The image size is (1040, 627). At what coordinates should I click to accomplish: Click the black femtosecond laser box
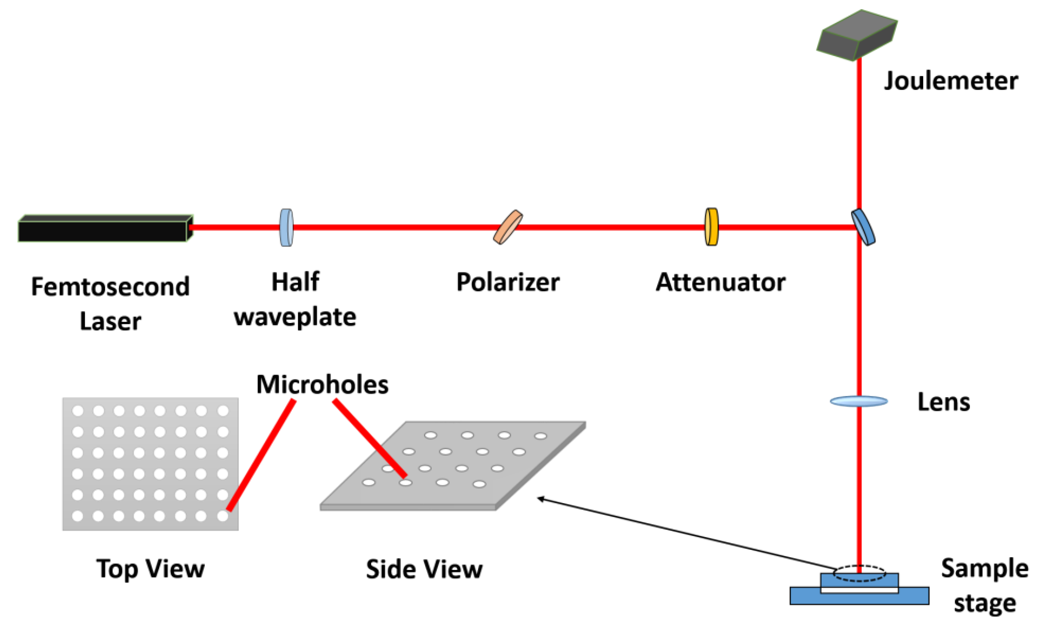click(103, 230)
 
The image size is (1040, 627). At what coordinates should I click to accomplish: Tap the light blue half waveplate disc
click(286, 227)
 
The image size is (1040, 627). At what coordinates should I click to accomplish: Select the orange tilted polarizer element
click(508, 227)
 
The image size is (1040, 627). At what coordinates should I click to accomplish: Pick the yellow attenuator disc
click(711, 227)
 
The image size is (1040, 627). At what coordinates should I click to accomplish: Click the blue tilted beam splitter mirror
click(863, 227)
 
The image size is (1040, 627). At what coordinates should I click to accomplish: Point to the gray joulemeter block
click(857, 36)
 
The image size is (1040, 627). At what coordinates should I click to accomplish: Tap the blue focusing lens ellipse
click(859, 401)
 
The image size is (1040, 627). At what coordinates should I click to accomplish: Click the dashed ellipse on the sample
click(859, 573)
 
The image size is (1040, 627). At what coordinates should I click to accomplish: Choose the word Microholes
click(322, 384)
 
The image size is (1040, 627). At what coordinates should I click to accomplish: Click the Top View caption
click(150, 569)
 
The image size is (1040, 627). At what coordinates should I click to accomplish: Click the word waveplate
click(295, 317)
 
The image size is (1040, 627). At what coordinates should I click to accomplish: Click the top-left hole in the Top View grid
click(78, 410)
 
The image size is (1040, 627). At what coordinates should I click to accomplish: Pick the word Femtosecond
click(110, 287)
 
